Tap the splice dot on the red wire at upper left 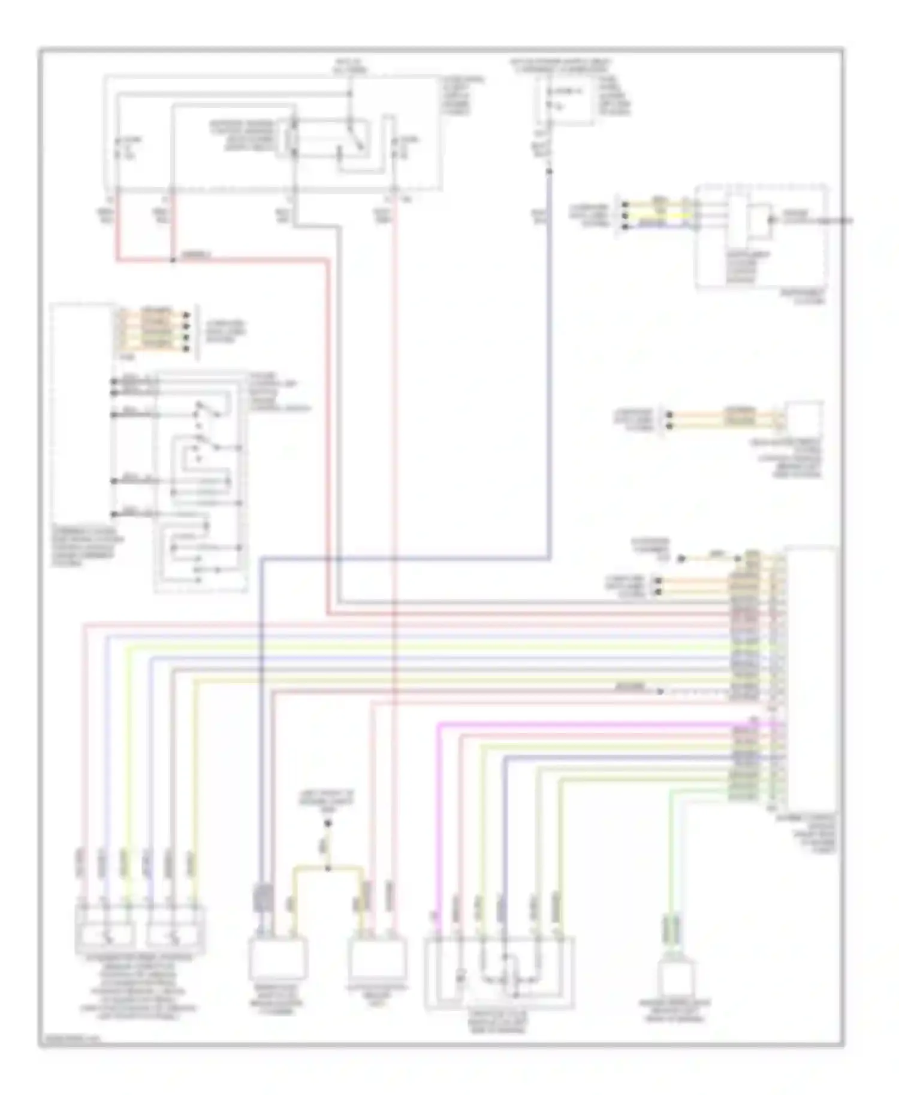click(173, 261)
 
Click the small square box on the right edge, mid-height click(804, 419)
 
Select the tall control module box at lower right click(812, 677)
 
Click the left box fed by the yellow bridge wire click(277, 958)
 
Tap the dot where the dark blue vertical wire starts click(550, 172)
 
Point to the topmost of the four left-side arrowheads click(187, 314)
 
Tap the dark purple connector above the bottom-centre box click(263, 899)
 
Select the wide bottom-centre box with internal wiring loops click(499, 973)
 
